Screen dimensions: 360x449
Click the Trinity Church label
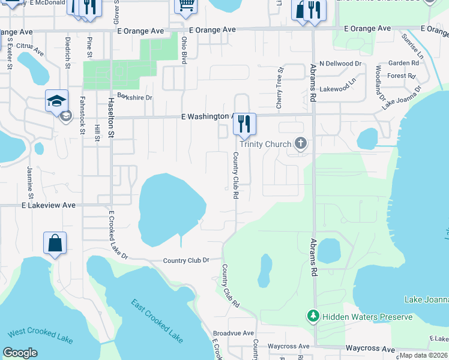pyautogui.click(x=265, y=144)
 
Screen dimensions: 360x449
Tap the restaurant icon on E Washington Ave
pyautogui.click(x=244, y=124)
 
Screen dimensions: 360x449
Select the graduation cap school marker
pyautogui.click(x=56, y=101)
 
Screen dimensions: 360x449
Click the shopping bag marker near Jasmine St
pyautogui.click(x=55, y=244)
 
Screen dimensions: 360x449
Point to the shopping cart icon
pyautogui.click(x=186, y=5)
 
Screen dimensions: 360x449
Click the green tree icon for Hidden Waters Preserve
pyautogui.click(x=312, y=316)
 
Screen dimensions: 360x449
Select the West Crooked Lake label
pyautogui.click(x=40, y=337)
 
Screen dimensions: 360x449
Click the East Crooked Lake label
pyautogui.click(x=157, y=321)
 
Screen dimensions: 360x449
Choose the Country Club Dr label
pyautogui.click(x=186, y=260)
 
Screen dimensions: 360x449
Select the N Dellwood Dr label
pyautogui.click(x=340, y=63)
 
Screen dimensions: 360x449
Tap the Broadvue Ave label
pyautogui.click(x=234, y=333)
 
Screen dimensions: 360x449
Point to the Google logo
pyautogui.click(x=20, y=353)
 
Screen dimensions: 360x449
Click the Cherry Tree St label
pyautogui.click(x=279, y=88)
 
